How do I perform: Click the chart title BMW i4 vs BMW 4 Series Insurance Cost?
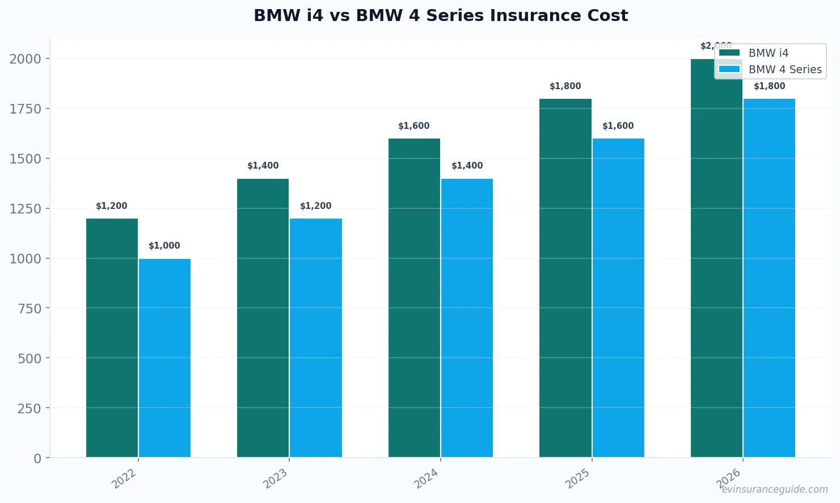440,16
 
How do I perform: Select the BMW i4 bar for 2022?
112,338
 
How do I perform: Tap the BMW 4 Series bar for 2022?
164,358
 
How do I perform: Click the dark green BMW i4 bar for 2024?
414,298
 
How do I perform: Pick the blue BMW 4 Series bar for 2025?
618,298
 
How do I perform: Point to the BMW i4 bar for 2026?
716,258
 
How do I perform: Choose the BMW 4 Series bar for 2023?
316,338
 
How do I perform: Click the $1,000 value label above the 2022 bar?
164,246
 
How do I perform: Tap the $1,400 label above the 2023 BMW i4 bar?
263,166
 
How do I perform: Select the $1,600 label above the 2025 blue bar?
618,126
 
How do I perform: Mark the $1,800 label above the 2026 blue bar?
770,86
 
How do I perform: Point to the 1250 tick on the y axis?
26,209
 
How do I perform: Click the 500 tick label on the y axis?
29,358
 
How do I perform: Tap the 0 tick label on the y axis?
37,458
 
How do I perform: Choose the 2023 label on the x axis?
276,479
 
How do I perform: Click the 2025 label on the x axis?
578,479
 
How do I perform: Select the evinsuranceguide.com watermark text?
775,489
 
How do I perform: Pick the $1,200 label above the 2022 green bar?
112,206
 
